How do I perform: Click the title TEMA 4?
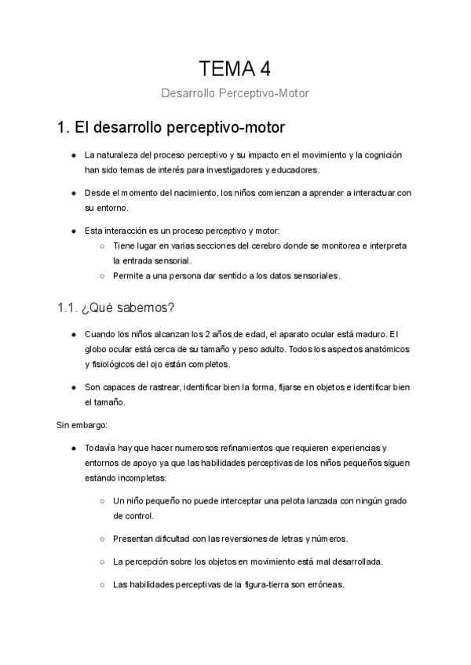(x=235, y=68)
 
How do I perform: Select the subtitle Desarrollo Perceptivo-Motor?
(x=235, y=93)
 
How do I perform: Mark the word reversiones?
(x=230, y=539)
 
